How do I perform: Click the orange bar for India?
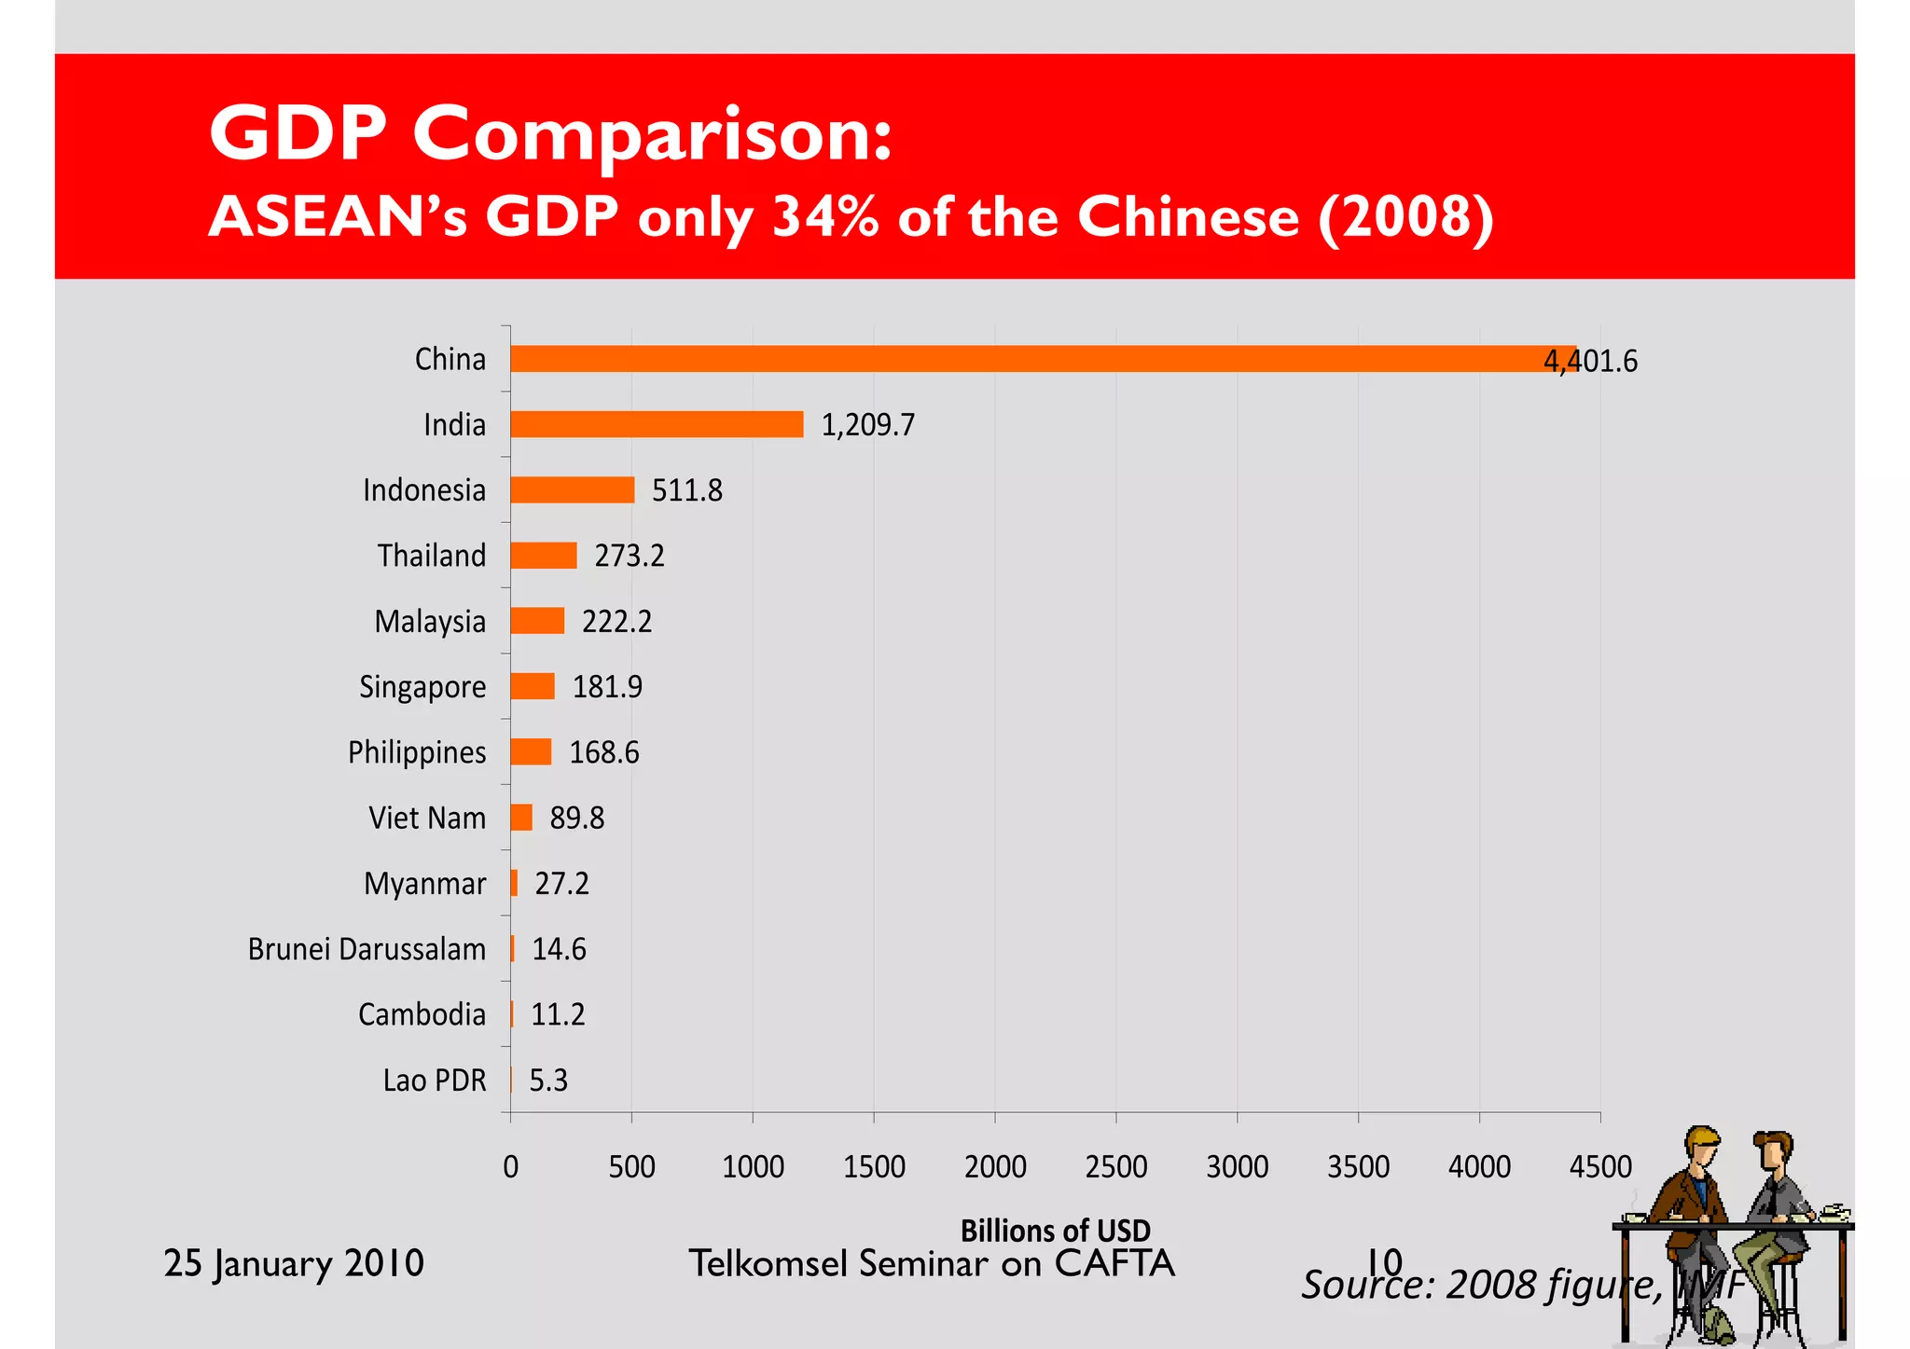(x=657, y=424)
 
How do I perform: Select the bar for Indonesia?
(x=572, y=489)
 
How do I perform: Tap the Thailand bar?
(x=543, y=556)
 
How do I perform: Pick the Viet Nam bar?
(x=521, y=818)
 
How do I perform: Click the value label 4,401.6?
(x=1590, y=361)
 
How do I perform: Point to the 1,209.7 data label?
(x=867, y=425)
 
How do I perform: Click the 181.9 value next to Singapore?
(x=607, y=687)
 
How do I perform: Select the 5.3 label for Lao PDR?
(x=548, y=1081)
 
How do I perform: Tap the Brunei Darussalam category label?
(x=367, y=949)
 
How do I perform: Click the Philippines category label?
(x=417, y=752)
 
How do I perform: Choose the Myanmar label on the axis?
(x=424, y=884)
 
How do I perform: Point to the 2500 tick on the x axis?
(x=1116, y=1167)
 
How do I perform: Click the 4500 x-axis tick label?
(x=1600, y=1167)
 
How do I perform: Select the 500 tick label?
(x=631, y=1167)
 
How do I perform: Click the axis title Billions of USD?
(x=1055, y=1231)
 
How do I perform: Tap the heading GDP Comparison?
(x=550, y=133)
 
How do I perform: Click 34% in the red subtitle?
(x=825, y=216)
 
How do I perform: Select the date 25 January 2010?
(x=294, y=1263)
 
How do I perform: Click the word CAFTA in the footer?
(x=1114, y=1263)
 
